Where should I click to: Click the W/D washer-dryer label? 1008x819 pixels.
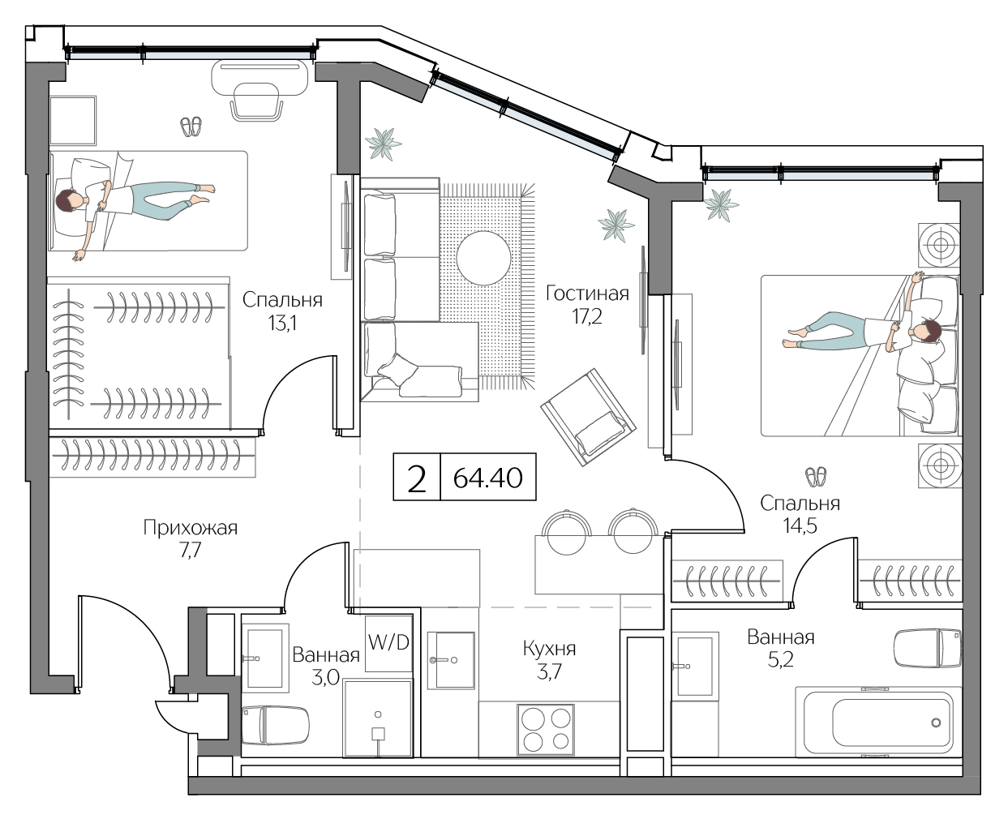pyautogui.click(x=388, y=643)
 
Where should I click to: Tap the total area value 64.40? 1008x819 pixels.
pyautogui.click(x=488, y=478)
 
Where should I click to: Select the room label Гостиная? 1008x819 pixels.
pyautogui.click(x=587, y=293)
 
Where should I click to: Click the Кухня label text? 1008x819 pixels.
pyautogui.click(x=549, y=649)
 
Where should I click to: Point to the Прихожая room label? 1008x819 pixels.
pyautogui.click(x=190, y=529)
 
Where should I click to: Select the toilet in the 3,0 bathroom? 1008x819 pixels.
pyautogui.click(x=276, y=724)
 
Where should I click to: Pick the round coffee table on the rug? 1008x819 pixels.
pyautogui.click(x=483, y=257)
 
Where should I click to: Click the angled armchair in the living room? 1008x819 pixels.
pyautogui.click(x=590, y=418)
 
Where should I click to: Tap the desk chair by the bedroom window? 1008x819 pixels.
pyautogui.click(x=258, y=103)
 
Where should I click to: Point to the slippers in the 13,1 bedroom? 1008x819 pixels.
pyautogui.click(x=191, y=126)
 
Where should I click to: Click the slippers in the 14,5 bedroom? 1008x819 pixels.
pyautogui.click(x=816, y=475)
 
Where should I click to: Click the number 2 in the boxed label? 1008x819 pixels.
pyautogui.click(x=417, y=478)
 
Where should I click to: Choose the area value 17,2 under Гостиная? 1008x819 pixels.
pyautogui.click(x=587, y=316)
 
